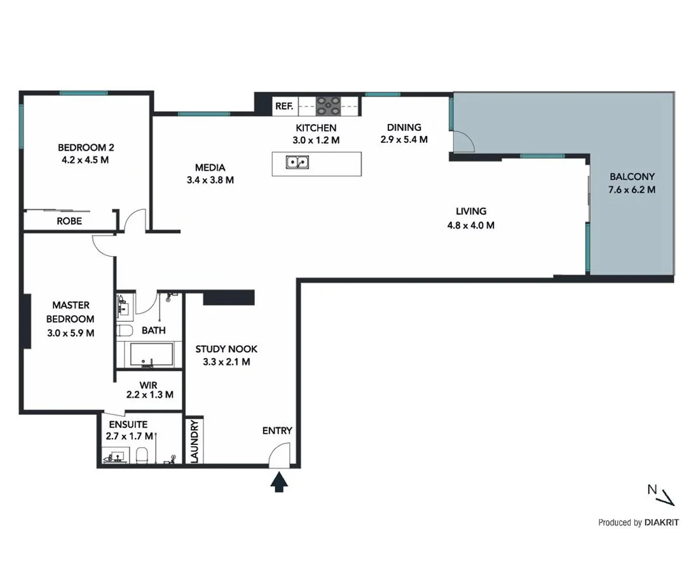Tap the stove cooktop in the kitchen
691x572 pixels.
click(x=329, y=105)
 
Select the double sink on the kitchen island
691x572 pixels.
click(x=298, y=163)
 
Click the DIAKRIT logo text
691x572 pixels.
click(x=661, y=522)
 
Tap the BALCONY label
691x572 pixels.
click(x=632, y=177)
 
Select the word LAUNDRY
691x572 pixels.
click(x=195, y=440)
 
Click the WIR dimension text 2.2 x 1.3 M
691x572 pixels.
click(x=149, y=395)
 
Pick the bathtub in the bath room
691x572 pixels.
click(x=152, y=355)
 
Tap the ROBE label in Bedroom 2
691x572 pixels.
click(x=69, y=221)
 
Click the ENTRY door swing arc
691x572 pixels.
click(x=278, y=454)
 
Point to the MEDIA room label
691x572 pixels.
click(x=210, y=168)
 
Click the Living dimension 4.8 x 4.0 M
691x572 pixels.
click(x=470, y=225)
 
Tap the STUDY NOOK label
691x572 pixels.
click(x=226, y=349)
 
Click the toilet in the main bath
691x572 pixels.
click(x=124, y=330)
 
